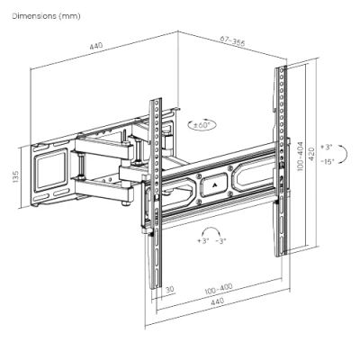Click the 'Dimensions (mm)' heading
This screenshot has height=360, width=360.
46,16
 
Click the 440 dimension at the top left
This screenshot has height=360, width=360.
96,46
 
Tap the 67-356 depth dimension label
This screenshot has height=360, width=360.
232,41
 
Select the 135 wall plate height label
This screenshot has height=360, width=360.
15,176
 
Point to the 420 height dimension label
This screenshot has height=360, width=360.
312,154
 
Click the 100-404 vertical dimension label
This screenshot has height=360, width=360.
301,157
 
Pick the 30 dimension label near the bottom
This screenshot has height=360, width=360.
169,289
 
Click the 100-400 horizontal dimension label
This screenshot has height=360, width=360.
219,289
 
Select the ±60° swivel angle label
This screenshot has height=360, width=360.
202,125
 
